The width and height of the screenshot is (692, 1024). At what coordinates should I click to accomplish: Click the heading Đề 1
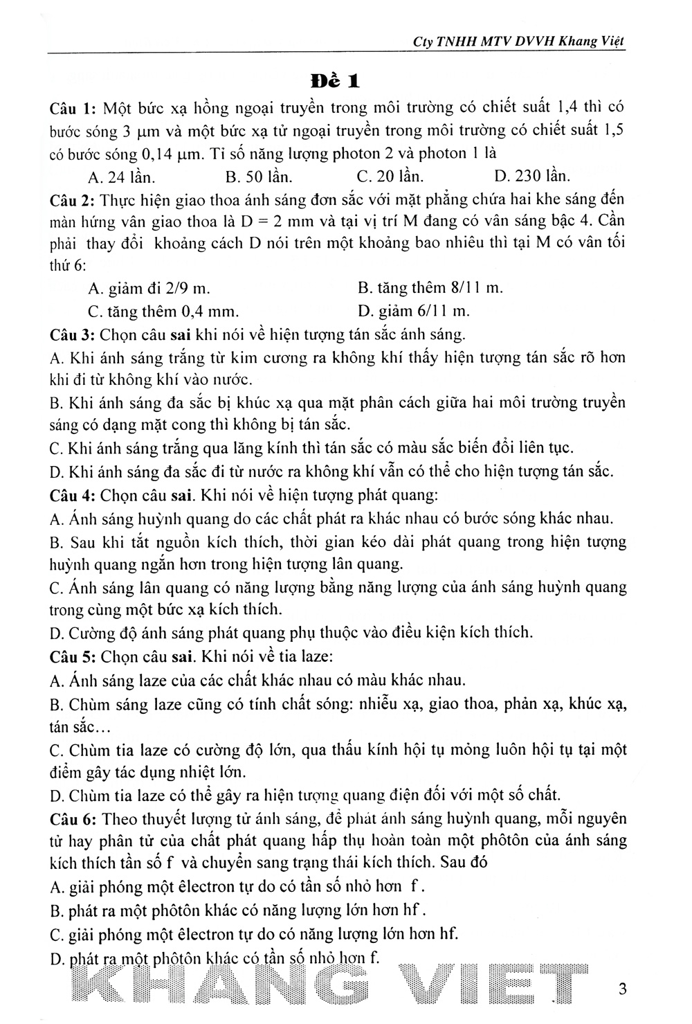pos(335,80)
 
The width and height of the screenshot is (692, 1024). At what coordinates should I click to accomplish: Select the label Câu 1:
pos(73,108)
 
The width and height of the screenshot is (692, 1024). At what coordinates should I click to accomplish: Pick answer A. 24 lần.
pos(122,176)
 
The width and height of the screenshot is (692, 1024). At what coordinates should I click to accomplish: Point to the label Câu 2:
pos(73,199)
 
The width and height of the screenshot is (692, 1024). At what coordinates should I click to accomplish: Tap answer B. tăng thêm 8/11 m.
pos(430,287)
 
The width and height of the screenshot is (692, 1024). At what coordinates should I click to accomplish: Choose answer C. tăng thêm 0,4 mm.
pos(164,310)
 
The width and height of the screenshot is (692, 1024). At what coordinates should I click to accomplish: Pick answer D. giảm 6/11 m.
pos(414,310)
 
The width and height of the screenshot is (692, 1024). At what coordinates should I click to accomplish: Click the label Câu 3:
pos(73,334)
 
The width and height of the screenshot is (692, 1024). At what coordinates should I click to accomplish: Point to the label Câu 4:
pos(73,495)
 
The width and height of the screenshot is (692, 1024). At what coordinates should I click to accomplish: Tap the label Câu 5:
pos(73,655)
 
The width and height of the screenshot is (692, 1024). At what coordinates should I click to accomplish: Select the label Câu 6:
pos(73,818)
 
